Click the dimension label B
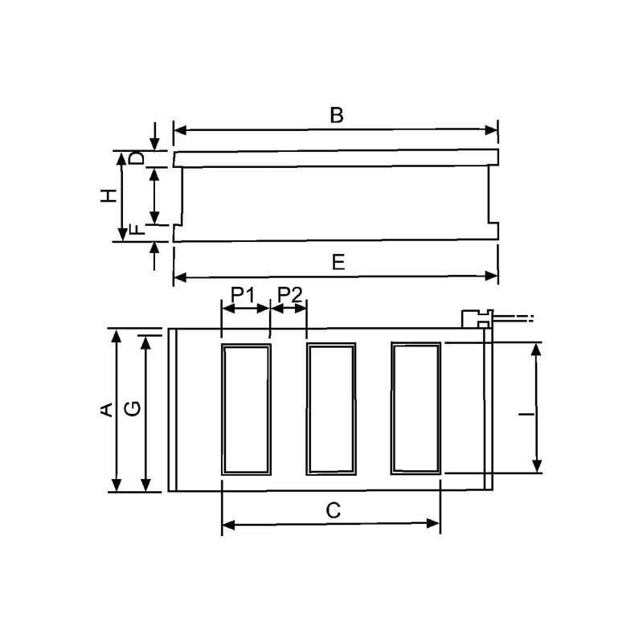point(337,115)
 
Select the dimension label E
point(338,263)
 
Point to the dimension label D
point(137,158)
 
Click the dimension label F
point(137,231)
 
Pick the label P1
point(243,295)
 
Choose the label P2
point(289,295)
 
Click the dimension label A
point(104,410)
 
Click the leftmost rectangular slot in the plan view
point(247,408)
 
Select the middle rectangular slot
point(330,408)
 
